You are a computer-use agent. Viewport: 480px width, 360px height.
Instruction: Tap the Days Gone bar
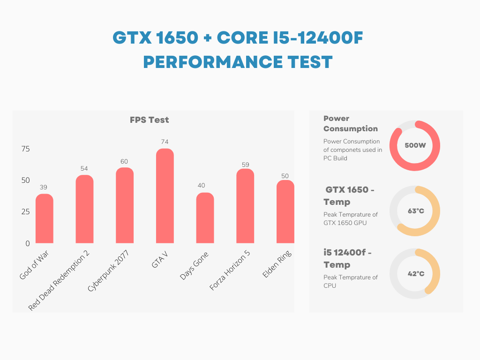205,218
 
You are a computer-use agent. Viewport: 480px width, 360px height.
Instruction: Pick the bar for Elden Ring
285,211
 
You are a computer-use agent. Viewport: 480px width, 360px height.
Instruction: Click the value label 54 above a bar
84,168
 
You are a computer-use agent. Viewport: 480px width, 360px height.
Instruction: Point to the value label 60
124,161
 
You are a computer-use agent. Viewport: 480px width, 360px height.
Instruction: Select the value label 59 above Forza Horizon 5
245,165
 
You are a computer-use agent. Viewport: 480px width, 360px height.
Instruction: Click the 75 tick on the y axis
25,149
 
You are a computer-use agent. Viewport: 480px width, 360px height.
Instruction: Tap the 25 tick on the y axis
25,212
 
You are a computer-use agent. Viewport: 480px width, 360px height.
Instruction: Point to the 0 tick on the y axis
27,243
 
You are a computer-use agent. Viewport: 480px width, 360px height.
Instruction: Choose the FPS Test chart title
149,120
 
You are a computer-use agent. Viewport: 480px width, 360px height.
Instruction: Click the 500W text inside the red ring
415,145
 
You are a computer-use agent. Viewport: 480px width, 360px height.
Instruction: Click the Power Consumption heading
350,123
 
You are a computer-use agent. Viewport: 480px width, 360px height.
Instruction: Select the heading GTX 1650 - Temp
349,196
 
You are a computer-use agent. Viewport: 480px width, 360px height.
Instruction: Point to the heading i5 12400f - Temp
347,259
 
